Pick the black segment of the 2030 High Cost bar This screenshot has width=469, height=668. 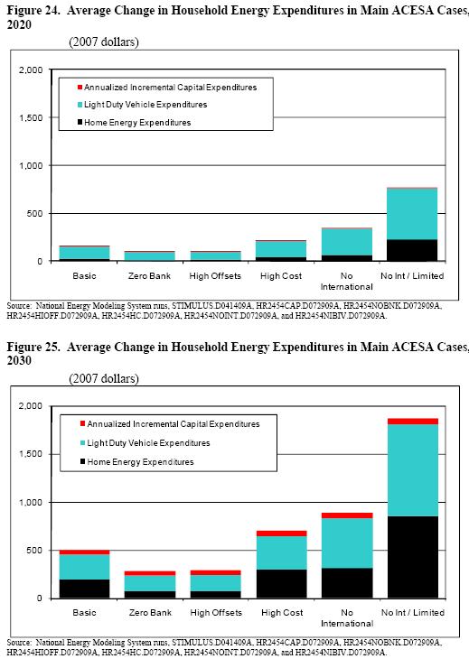280,583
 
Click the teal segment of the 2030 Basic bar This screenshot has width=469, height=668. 84,567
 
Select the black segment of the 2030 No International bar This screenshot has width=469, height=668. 346,582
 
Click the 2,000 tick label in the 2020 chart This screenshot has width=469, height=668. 29,70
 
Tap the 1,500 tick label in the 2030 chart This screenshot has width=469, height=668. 29,454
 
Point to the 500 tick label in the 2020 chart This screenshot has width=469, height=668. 34,214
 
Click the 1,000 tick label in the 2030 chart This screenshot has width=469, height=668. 29,502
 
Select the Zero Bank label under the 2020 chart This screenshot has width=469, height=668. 149,274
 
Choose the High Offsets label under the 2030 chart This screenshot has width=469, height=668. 215,612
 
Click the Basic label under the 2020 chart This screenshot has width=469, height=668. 84,274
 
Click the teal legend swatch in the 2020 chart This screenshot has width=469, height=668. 80,105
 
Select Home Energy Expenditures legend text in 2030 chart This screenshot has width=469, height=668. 140,462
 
